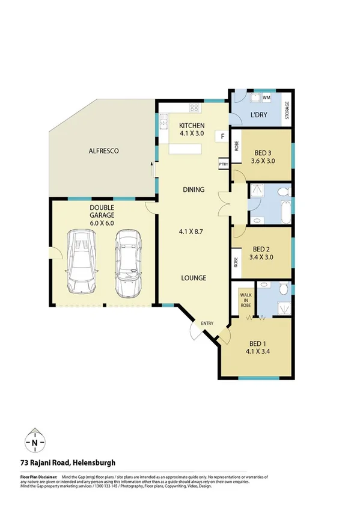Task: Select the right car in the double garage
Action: click(127, 263)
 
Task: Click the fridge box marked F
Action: click(222, 137)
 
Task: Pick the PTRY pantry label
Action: click(223, 164)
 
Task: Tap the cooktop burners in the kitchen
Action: click(195, 109)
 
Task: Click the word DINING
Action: click(194, 189)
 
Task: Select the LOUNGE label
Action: click(194, 278)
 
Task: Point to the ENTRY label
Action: click(207, 324)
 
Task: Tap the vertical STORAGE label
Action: click(287, 110)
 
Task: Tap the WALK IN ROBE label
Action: click(245, 300)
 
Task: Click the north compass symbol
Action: click(35, 442)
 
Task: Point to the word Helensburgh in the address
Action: click(101, 462)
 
